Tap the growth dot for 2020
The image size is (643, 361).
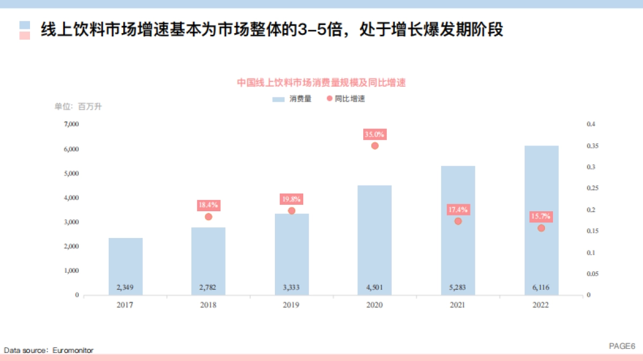click(375, 145)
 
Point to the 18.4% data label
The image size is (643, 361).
click(208, 205)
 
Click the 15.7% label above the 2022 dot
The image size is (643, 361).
click(541, 217)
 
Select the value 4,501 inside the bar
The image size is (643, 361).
click(375, 288)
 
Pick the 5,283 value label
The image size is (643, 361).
click(458, 288)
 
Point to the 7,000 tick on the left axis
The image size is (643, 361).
click(71, 124)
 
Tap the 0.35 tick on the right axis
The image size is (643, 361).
click(591, 145)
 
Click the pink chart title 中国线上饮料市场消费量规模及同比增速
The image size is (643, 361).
click(322, 82)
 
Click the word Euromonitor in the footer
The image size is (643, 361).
click(73, 350)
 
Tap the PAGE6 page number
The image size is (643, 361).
click(622, 346)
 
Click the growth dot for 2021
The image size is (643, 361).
click(458, 221)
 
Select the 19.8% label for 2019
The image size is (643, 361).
click(291, 199)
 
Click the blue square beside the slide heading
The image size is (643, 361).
click(25, 25)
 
